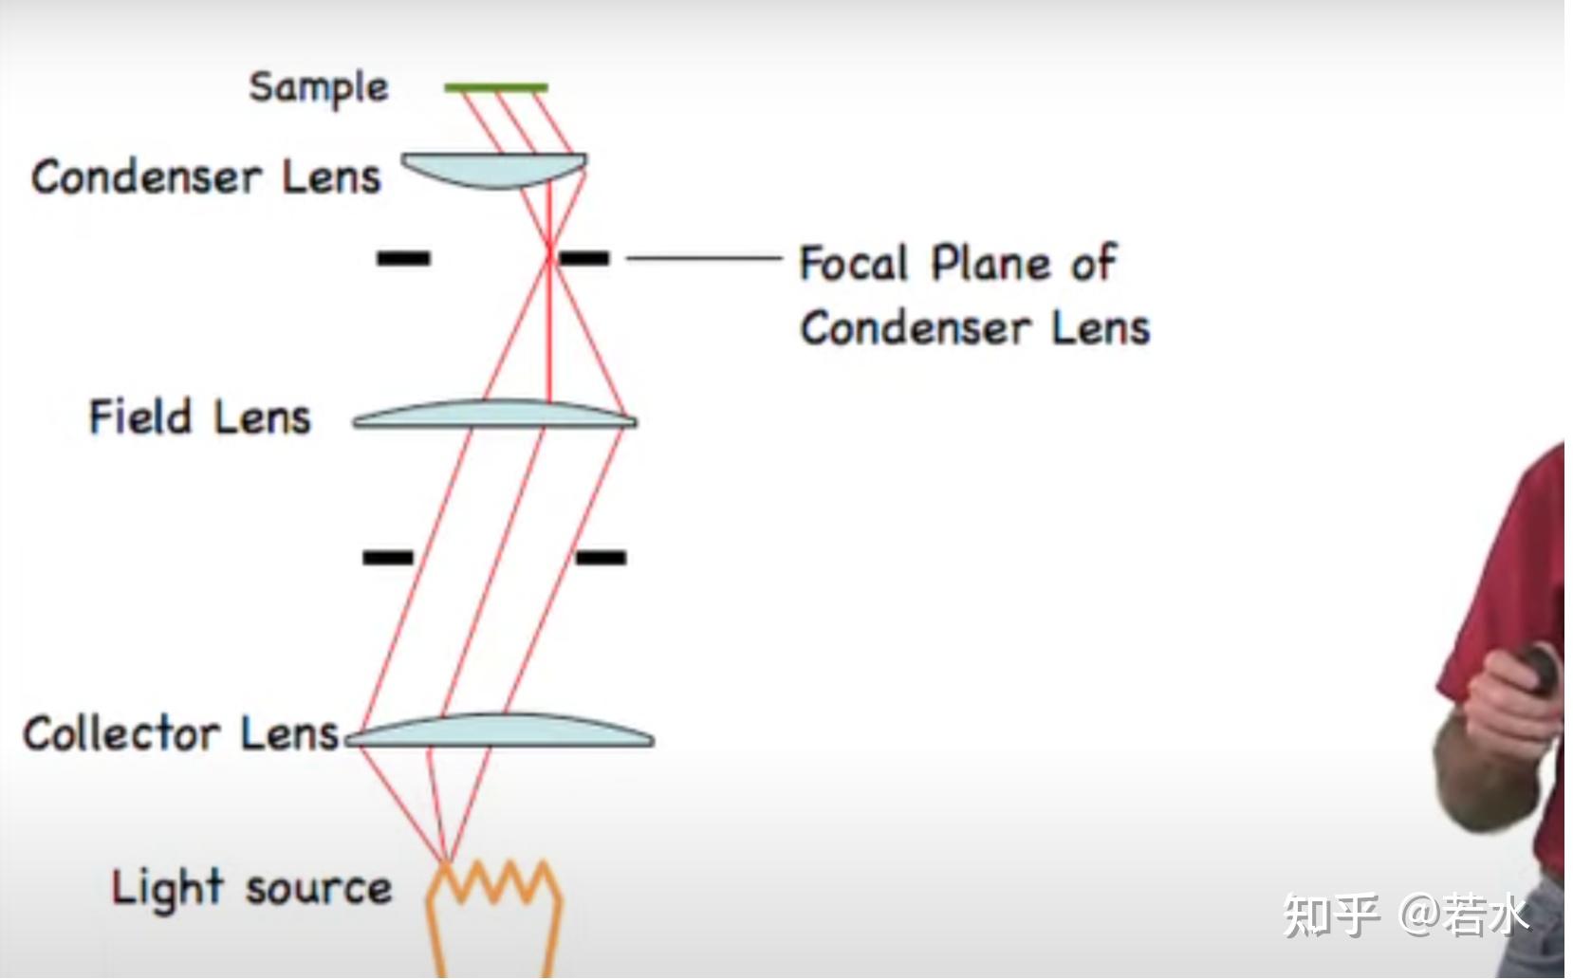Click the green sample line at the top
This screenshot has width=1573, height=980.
[x=496, y=87]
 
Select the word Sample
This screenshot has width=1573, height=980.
[x=319, y=88]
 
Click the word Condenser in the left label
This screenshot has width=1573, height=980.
[x=145, y=177]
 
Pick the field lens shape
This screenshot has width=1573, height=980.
[x=494, y=414]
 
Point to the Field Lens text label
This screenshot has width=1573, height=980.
[x=200, y=417]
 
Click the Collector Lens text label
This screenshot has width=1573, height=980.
[x=180, y=734]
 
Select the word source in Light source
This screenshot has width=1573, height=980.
[x=319, y=889]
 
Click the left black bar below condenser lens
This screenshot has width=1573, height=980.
[x=403, y=257]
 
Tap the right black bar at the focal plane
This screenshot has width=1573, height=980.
[x=583, y=257]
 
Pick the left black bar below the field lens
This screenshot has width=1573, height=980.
[x=388, y=557]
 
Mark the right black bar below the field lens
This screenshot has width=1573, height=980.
[x=601, y=557]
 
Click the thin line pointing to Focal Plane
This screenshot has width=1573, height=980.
[x=704, y=257]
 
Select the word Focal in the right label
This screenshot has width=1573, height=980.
[x=854, y=264]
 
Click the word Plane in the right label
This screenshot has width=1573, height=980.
[x=990, y=264]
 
